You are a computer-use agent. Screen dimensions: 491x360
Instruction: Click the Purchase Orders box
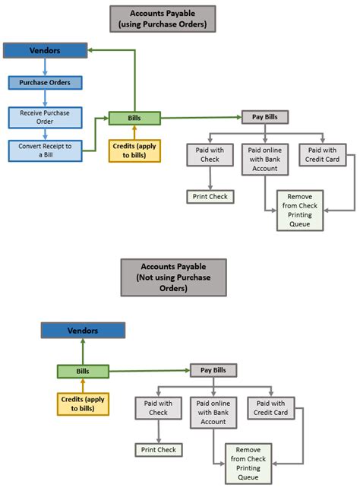[45, 82]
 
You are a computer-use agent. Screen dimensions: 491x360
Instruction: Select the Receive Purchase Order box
[45, 116]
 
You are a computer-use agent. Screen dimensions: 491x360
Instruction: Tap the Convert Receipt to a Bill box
[45, 150]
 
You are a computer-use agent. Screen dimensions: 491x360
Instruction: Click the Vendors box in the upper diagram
[45, 51]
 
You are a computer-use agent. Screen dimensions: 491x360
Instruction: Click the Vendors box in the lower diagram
[84, 331]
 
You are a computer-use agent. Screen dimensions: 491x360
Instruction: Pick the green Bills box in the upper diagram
[134, 118]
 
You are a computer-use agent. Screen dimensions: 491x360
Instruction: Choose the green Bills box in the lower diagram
[83, 372]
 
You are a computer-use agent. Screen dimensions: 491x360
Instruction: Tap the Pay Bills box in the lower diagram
[213, 370]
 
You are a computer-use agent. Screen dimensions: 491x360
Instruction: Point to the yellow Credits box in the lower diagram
[83, 404]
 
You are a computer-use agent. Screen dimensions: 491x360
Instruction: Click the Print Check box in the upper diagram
[210, 197]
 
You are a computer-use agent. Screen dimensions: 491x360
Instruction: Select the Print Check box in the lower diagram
[158, 450]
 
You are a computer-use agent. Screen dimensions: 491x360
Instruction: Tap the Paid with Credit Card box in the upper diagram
[324, 155]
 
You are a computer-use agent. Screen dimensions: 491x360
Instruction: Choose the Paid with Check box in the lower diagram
[158, 408]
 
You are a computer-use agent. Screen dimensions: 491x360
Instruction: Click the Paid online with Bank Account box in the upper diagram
[264, 159]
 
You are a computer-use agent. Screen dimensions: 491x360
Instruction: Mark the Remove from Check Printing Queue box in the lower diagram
[248, 463]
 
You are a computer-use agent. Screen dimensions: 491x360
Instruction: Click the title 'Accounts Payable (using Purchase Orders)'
[163, 18]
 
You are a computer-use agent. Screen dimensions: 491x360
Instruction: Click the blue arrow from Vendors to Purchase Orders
[45, 67]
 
